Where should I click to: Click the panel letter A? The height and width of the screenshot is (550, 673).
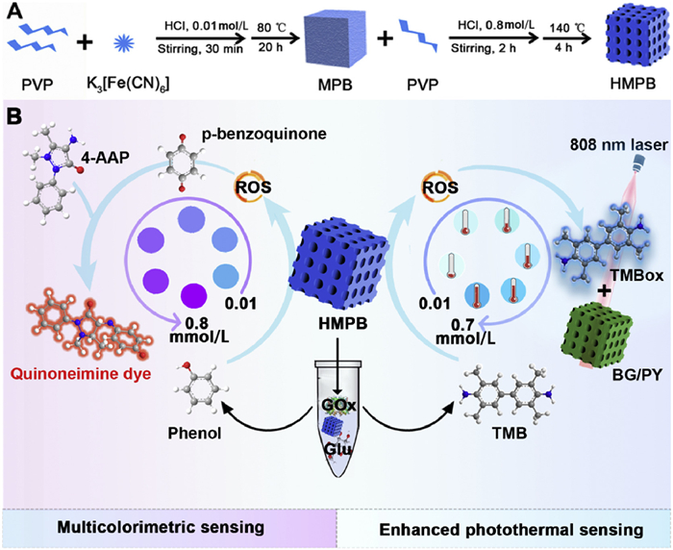point(12,12)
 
